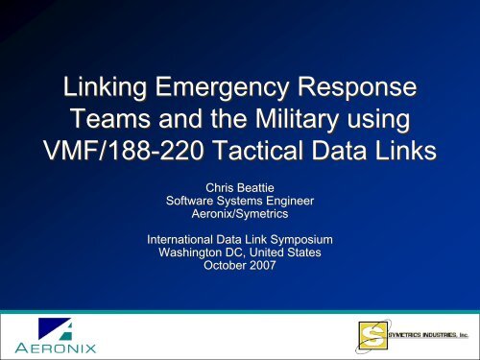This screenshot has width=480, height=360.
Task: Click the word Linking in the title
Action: point(105,91)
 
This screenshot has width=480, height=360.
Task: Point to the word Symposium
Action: point(319,237)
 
